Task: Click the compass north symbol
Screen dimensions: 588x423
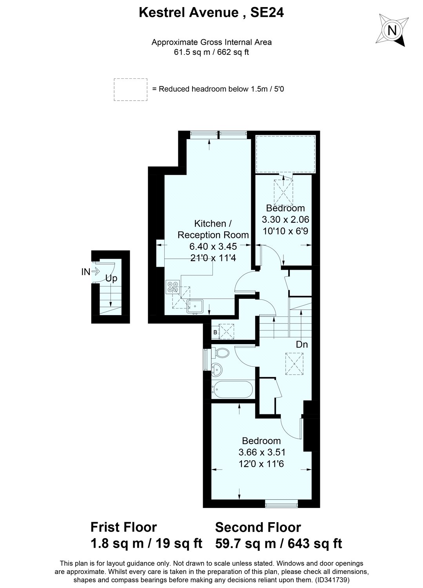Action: [x=391, y=30]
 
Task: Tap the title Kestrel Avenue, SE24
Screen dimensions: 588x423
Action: [x=211, y=13]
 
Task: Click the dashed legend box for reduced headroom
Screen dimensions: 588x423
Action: [x=131, y=89]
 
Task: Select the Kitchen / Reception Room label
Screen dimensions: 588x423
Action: [x=213, y=229]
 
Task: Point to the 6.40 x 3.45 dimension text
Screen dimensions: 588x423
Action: [x=213, y=247]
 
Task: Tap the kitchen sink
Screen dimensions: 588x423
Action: [x=194, y=305]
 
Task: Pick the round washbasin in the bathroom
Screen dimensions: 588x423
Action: [x=216, y=368]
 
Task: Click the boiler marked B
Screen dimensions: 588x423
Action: [x=215, y=332]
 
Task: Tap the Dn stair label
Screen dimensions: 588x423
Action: [x=302, y=345]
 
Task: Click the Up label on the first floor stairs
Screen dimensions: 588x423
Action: [x=111, y=279]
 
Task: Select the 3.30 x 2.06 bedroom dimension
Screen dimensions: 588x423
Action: [x=285, y=220]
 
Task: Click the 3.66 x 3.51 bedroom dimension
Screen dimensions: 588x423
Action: [x=261, y=452]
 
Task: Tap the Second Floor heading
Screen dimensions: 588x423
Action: [x=258, y=527]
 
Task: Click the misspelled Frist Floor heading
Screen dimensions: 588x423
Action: [x=123, y=527]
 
